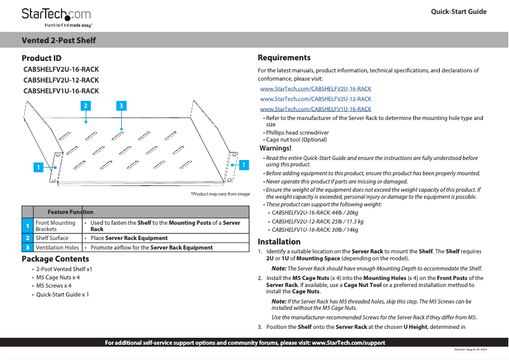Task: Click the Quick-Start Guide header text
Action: coord(458,12)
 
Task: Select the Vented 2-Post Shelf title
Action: coord(59,41)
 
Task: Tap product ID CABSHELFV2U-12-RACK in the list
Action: coord(61,80)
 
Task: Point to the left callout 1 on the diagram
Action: coord(38,167)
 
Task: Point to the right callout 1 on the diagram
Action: coord(242,164)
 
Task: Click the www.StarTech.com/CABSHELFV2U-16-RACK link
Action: coord(315,89)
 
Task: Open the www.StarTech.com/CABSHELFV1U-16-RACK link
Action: coord(315,109)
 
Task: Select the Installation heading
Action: coord(279,242)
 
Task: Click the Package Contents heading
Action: coord(55,259)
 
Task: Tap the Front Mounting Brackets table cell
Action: coord(56,226)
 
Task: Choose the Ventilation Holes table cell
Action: coord(57,248)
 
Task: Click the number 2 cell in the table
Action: coord(27,238)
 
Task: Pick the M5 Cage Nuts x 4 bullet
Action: coord(58,277)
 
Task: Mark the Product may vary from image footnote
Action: coord(220,194)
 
